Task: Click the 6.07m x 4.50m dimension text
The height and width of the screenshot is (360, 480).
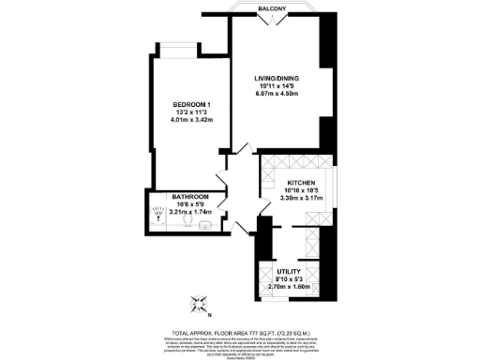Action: pyautogui.click(x=283, y=94)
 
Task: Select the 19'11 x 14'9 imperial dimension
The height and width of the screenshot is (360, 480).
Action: pyautogui.click(x=283, y=86)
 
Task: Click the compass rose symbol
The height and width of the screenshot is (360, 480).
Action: pyautogui.click(x=199, y=302)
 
